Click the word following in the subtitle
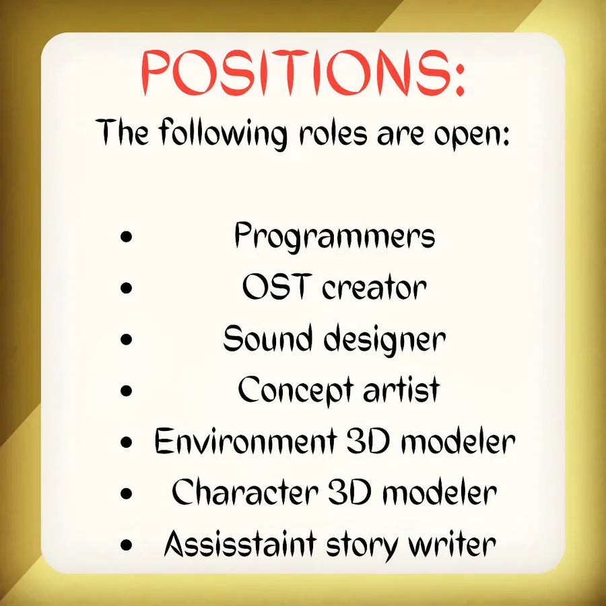pos(223,133)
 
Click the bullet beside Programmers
pos(127,236)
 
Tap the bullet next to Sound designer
pos(127,339)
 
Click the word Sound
pos(267,338)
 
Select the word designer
pos(384,341)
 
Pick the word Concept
pos(296,390)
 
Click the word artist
pos(401,389)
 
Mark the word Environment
pos(246,441)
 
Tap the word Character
pos(244,492)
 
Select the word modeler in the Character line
pos(440,492)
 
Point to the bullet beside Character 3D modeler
pos(127,493)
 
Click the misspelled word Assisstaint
pos(240,543)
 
